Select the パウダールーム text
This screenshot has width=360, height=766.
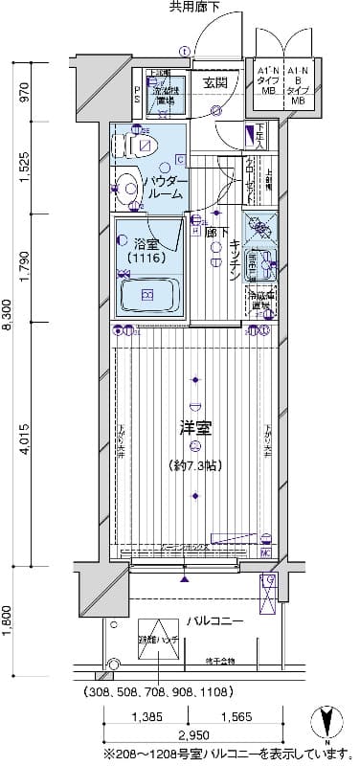pyautogui.click(x=164, y=187)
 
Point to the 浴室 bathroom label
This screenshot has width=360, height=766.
pyautogui.click(x=147, y=245)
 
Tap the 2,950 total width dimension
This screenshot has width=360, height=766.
pyautogui.click(x=191, y=735)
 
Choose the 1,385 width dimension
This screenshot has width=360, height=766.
pyautogui.click(x=148, y=716)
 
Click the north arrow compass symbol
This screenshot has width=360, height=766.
pyautogui.click(x=328, y=721)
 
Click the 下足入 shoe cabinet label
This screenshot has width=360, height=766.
pyautogui.click(x=260, y=137)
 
